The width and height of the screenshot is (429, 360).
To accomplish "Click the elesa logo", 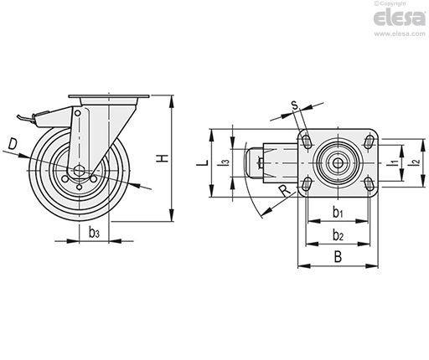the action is pyautogui.click(x=399, y=18).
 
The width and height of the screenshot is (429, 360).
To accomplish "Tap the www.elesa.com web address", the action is pyautogui.click(x=400, y=33).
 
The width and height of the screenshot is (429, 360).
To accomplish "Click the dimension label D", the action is pyautogui.click(x=13, y=144).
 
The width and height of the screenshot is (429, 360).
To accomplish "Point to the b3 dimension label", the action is pyautogui.click(x=94, y=232).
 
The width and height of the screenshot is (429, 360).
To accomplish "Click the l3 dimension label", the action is pyautogui.click(x=226, y=162).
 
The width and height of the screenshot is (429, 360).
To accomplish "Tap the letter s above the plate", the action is pyautogui.click(x=295, y=105).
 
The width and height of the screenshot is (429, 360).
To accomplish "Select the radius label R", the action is pyautogui.click(x=285, y=191).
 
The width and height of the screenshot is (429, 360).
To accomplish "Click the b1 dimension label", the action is pyautogui.click(x=338, y=213).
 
